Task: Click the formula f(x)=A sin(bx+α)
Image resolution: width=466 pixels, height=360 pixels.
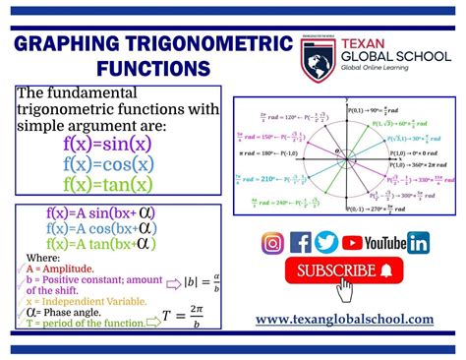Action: click(x=100, y=211)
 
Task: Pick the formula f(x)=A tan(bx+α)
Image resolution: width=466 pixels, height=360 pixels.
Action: click(x=100, y=244)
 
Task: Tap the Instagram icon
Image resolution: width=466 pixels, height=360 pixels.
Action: click(x=273, y=243)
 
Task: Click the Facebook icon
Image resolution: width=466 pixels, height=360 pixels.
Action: click(x=301, y=243)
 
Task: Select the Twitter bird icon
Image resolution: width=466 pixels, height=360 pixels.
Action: click(x=326, y=243)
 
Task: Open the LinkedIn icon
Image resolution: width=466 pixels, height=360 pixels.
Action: click(x=418, y=243)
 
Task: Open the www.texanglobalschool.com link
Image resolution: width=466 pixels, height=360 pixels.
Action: click(x=344, y=319)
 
